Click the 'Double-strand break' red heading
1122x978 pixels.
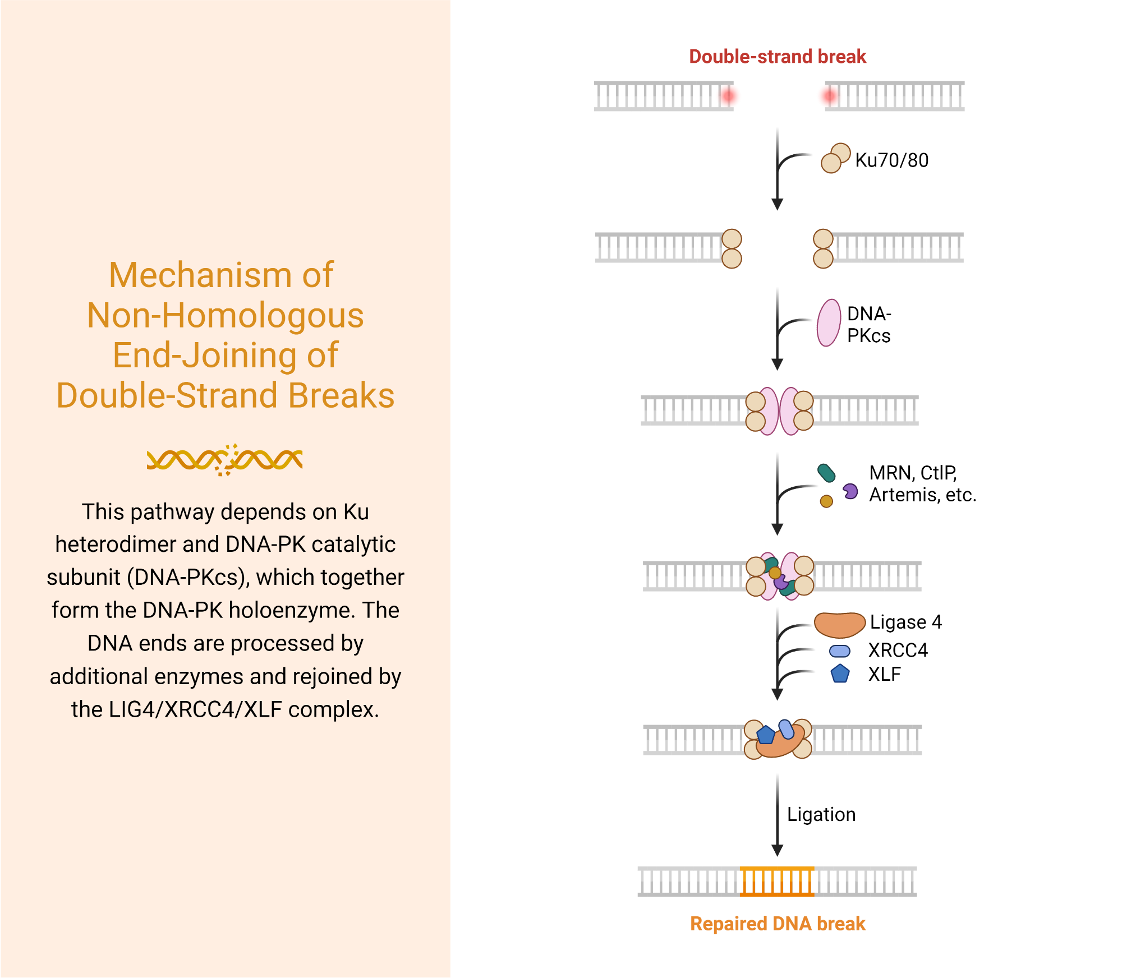(x=777, y=57)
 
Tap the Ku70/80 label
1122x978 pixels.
(x=891, y=160)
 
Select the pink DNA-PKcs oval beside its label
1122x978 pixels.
(x=829, y=323)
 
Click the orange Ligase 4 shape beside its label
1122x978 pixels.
(x=839, y=624)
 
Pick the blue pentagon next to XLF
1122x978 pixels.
(x=840, y=673)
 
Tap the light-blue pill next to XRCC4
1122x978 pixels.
(x=839, y=651)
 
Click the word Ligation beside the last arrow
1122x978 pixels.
(x=821, y=814)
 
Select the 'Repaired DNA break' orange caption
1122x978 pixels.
(x=778, y=924)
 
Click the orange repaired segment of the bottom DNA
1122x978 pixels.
(x=777, y=881)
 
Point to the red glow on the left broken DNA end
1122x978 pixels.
(x=728, y=96)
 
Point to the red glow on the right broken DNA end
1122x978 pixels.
(x=829, y=96)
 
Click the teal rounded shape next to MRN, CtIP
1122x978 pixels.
(x=826, y=473)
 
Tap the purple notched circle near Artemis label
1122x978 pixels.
(x=850, y=492)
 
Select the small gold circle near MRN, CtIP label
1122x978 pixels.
(x=826, y=501)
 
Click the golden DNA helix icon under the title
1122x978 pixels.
(x=224, y=460)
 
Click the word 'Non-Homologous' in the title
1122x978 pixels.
(x=225, y=315)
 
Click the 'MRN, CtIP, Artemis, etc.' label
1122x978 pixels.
(x=922, y=484)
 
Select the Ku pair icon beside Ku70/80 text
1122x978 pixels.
(x=835, y=158)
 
